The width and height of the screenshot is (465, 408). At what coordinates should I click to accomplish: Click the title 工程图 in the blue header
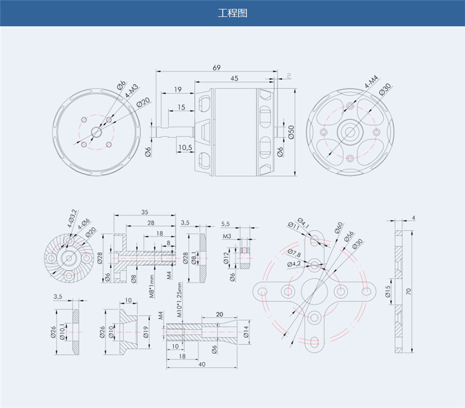tap(233, 13)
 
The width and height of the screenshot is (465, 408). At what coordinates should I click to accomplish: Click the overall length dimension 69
tap(217, 68)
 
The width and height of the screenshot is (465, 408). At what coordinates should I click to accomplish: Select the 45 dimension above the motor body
tap(234, 79)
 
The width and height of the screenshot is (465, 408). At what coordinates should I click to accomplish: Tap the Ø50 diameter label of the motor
tap(291, 132)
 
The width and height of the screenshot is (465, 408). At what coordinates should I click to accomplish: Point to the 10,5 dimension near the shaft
tap(185, 148)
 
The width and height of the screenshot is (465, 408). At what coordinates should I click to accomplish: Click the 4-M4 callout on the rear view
tap(371, 81)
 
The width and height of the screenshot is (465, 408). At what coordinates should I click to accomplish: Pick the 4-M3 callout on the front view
tap(131, 91)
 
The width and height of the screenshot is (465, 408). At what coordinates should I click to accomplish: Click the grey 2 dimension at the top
tap(289, 76)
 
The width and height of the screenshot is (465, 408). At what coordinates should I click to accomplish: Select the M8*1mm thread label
tap(152, 286)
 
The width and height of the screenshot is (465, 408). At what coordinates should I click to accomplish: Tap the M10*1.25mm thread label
tap(180, 300)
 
